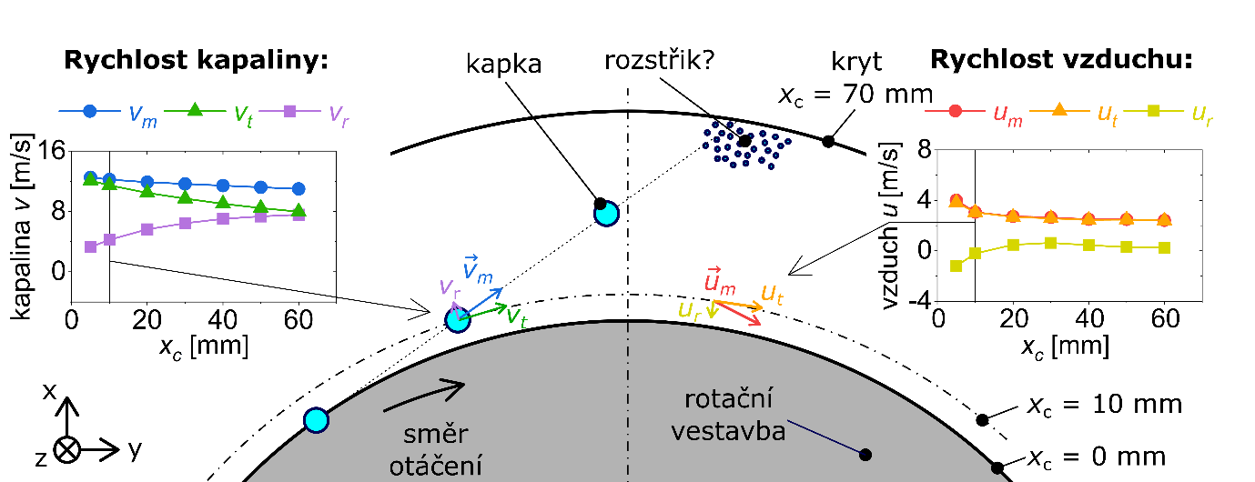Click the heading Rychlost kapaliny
pos(195,62)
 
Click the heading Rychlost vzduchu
pos(1060,62)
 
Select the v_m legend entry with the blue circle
pos(108,112)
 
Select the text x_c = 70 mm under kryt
pos(855,93)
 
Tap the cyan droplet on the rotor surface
pos(316,420)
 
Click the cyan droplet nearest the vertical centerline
pos(606,213)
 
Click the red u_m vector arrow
pos(739,311)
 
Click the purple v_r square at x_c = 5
pos(90,246)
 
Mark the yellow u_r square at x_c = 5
pos(956,266)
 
